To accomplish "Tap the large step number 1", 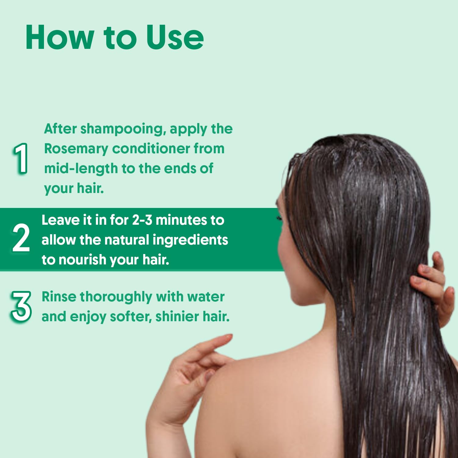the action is click(21, 158).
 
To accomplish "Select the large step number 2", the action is click(21, 238).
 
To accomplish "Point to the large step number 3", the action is click(21, 306).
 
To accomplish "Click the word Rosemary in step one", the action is click(76, 149).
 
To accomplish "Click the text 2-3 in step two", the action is click(142, 220).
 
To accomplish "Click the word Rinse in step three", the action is click(59, 296).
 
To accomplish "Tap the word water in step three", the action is click(206, 296).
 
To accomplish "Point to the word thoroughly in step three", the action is click(116, 297).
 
